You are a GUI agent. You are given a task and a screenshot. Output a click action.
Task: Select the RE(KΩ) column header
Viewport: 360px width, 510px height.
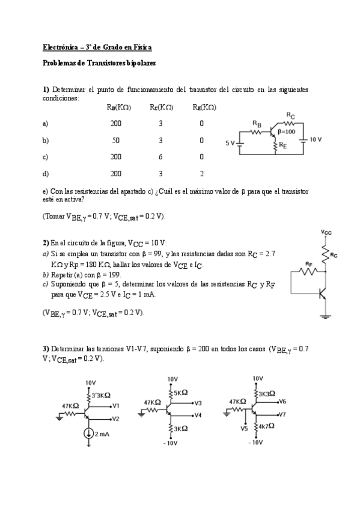click(204, 107)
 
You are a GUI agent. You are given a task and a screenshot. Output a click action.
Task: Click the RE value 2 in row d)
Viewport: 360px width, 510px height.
click(201, 173)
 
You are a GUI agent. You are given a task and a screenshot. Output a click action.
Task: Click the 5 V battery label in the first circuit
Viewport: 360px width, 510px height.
click(230, 143)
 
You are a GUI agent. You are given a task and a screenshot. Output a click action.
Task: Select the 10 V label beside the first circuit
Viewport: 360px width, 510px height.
click(316, 139)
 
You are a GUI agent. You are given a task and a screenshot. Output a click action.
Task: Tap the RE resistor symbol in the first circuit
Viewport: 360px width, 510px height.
click(275, 145)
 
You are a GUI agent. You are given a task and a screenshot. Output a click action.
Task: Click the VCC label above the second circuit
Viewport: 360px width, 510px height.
click(326, 232)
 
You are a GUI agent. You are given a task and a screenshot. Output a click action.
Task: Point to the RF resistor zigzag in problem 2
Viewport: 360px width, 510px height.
click(308, 271)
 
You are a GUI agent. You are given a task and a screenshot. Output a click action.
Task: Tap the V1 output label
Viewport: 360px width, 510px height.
click(116, 405)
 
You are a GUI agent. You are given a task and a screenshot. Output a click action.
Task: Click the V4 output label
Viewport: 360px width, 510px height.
click(198, 415)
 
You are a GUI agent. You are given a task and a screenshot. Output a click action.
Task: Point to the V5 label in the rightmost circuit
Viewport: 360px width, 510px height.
click(244, 429)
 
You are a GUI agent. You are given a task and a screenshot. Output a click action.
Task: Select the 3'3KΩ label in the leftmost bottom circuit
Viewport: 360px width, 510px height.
click(103, 395)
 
